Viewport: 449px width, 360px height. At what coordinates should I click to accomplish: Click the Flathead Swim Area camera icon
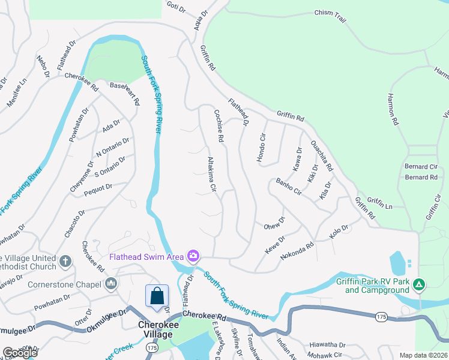193,256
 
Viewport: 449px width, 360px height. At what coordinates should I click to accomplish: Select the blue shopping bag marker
157,296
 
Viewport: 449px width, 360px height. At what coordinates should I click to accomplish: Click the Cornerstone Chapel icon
110,283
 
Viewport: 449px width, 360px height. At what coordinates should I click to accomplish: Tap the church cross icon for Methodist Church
65,262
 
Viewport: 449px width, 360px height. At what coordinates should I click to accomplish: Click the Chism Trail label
330,16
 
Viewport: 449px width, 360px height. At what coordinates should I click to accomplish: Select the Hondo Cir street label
262,146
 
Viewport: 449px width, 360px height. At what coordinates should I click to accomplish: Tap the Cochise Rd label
218,125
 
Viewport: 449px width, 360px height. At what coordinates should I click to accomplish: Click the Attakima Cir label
211,175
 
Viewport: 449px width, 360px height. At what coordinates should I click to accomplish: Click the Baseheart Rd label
125,93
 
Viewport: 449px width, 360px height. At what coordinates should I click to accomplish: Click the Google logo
19,353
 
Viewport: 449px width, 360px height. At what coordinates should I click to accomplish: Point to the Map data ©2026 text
423,355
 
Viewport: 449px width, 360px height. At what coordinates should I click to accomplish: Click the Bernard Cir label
421,167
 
